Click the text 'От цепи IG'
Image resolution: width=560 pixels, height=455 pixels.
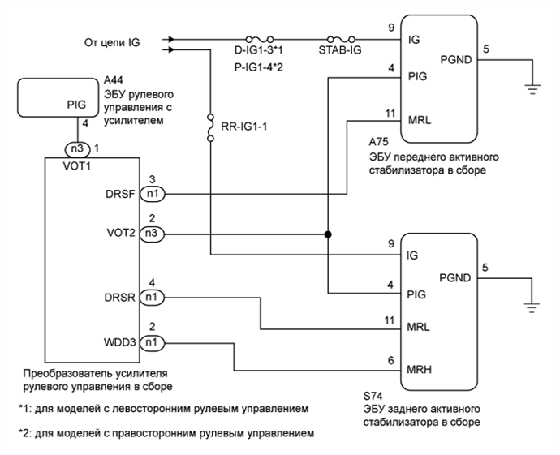pos(112,41)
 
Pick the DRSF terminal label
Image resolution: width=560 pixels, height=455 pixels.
pos(122,195)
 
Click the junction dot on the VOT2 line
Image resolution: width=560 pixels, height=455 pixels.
pos(328,234)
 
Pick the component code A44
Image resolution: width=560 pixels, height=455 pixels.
pos(112,81)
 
